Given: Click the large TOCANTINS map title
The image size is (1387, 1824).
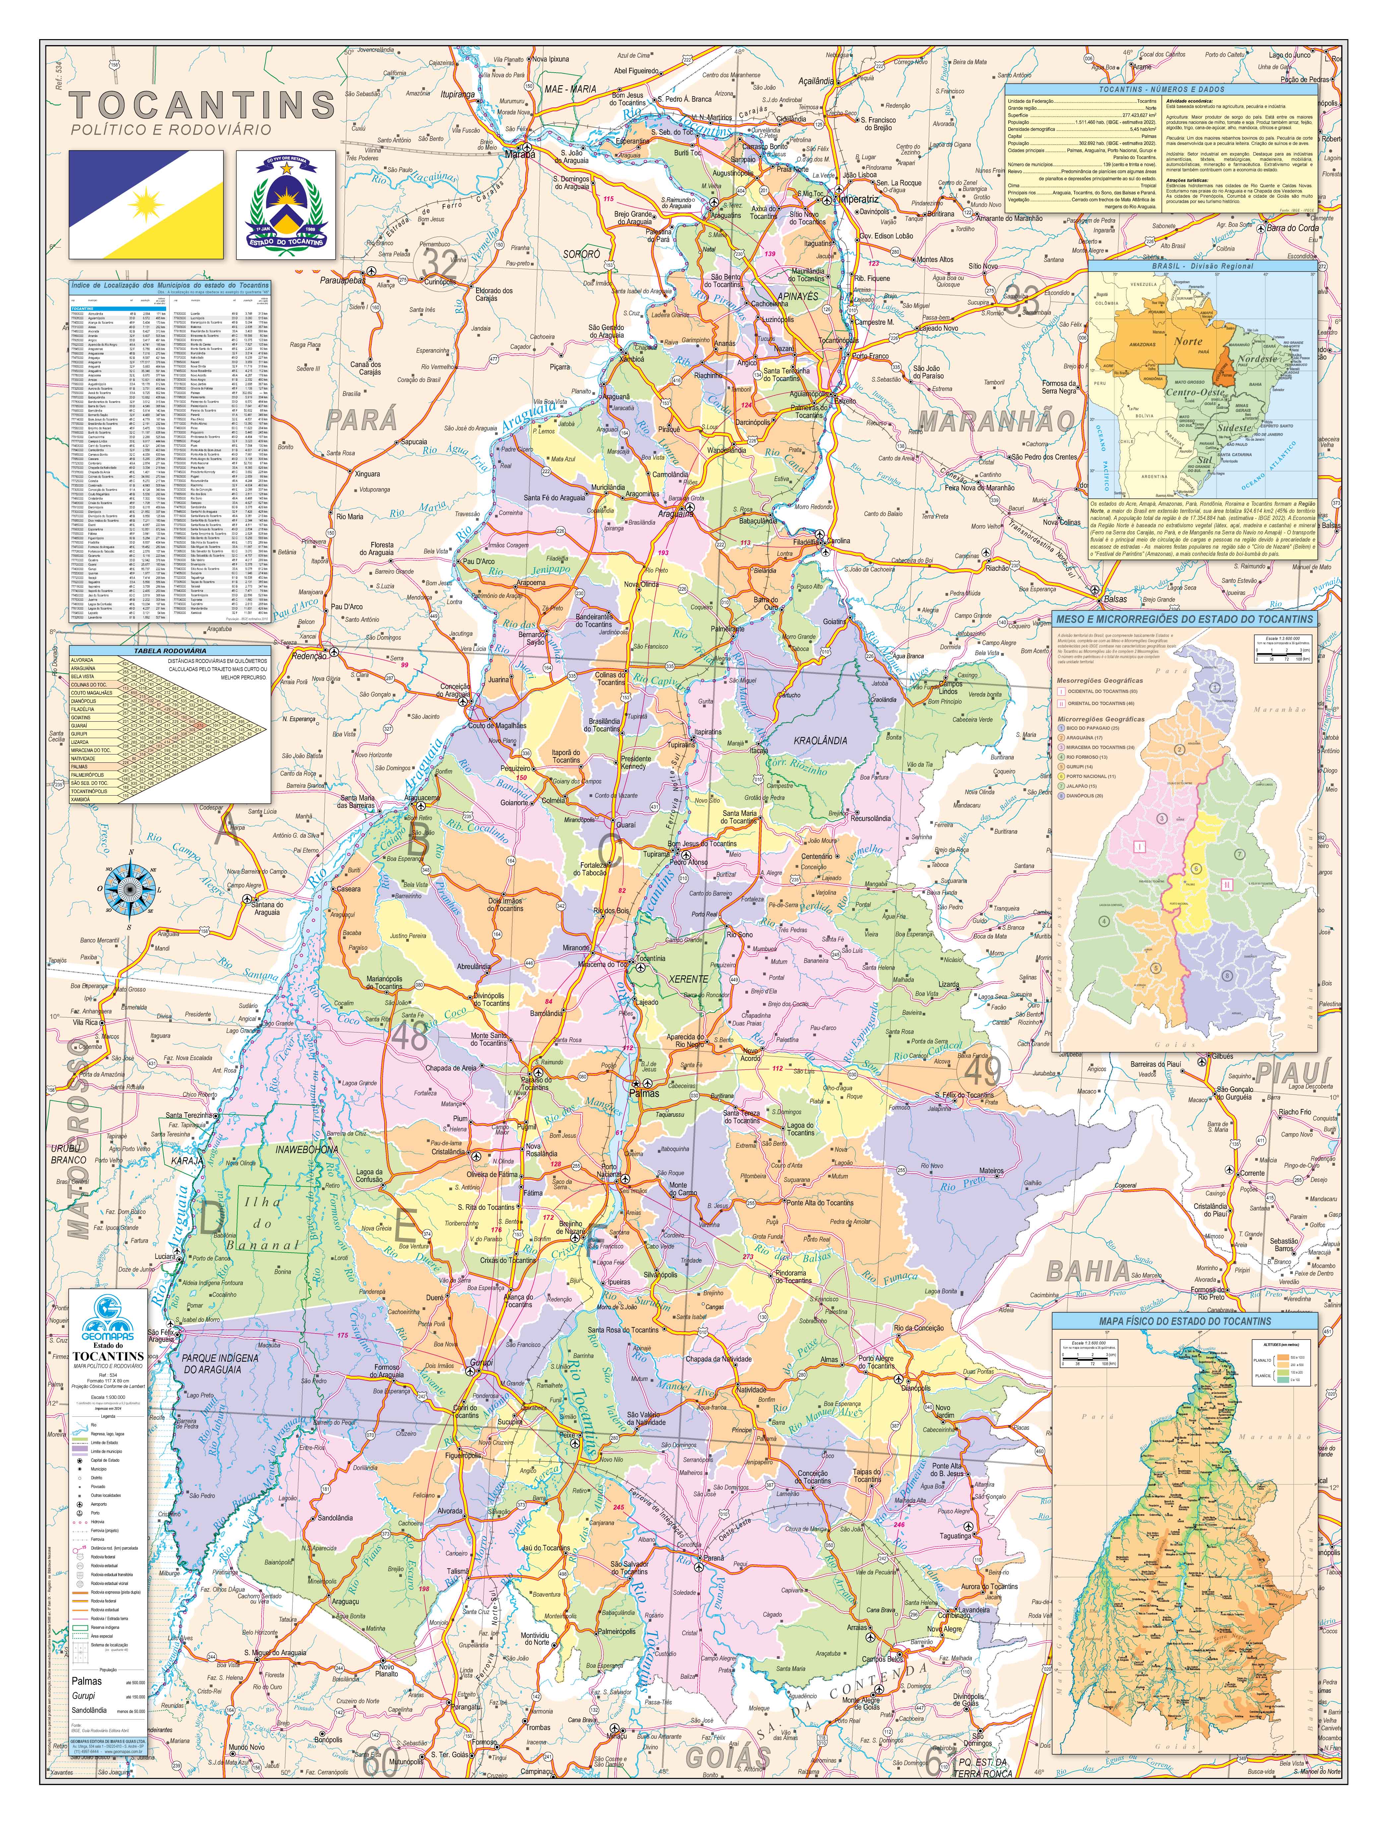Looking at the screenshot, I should point(202,106).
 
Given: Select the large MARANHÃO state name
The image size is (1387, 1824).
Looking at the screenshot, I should point(997,422).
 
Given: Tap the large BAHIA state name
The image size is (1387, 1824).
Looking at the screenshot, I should point(1087,1271).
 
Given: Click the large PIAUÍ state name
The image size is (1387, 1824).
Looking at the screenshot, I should point(1293,1072).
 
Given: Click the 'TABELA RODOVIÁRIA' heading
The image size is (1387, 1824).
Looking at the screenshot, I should point(169,651).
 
